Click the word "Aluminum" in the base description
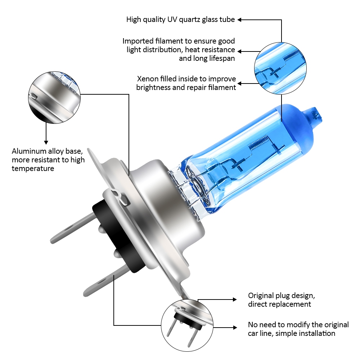29,151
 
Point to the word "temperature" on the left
33,168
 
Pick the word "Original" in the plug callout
261,296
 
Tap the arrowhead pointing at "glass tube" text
239,20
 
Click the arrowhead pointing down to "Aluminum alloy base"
46,142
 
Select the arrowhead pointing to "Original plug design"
235,300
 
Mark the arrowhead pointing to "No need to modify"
235,328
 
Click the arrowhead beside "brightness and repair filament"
239,84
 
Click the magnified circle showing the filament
280,68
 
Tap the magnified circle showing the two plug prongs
187,325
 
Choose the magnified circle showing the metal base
54,98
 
